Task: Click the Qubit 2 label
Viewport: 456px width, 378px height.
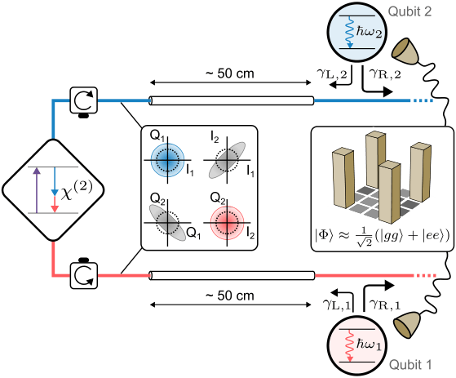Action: pos(410,11)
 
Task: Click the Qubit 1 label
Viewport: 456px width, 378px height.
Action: pos(410,365)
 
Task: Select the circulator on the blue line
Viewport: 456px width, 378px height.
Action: pos(84,100)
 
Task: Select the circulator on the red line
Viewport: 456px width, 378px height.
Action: pos(84,275)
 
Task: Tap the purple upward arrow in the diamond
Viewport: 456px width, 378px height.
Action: pos(37,190)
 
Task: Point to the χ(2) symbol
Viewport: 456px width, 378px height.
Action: pos(77,189)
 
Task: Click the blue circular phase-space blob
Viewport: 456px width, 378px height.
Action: pos(167,160)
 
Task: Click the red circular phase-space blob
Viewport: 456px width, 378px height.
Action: pos(227,223)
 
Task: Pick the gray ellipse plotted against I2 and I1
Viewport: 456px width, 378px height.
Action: pos(227,160)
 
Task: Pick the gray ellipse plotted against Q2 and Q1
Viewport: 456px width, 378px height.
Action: pos(167,223)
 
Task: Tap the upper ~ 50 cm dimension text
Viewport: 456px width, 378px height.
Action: pos(230,73)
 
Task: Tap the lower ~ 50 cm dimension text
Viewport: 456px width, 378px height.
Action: pos(230,296)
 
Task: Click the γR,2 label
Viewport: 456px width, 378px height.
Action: pos(385,75)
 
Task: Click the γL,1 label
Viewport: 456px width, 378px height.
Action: pos(338,305)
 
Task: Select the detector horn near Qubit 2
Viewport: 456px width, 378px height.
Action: pos(405,51)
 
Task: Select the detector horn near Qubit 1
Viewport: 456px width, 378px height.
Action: pos(407,325)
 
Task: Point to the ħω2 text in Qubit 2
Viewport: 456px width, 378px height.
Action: pos(369,31)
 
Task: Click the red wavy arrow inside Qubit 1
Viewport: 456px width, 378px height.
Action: pos(349,345)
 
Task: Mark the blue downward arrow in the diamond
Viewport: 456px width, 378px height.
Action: pos(55,181)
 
